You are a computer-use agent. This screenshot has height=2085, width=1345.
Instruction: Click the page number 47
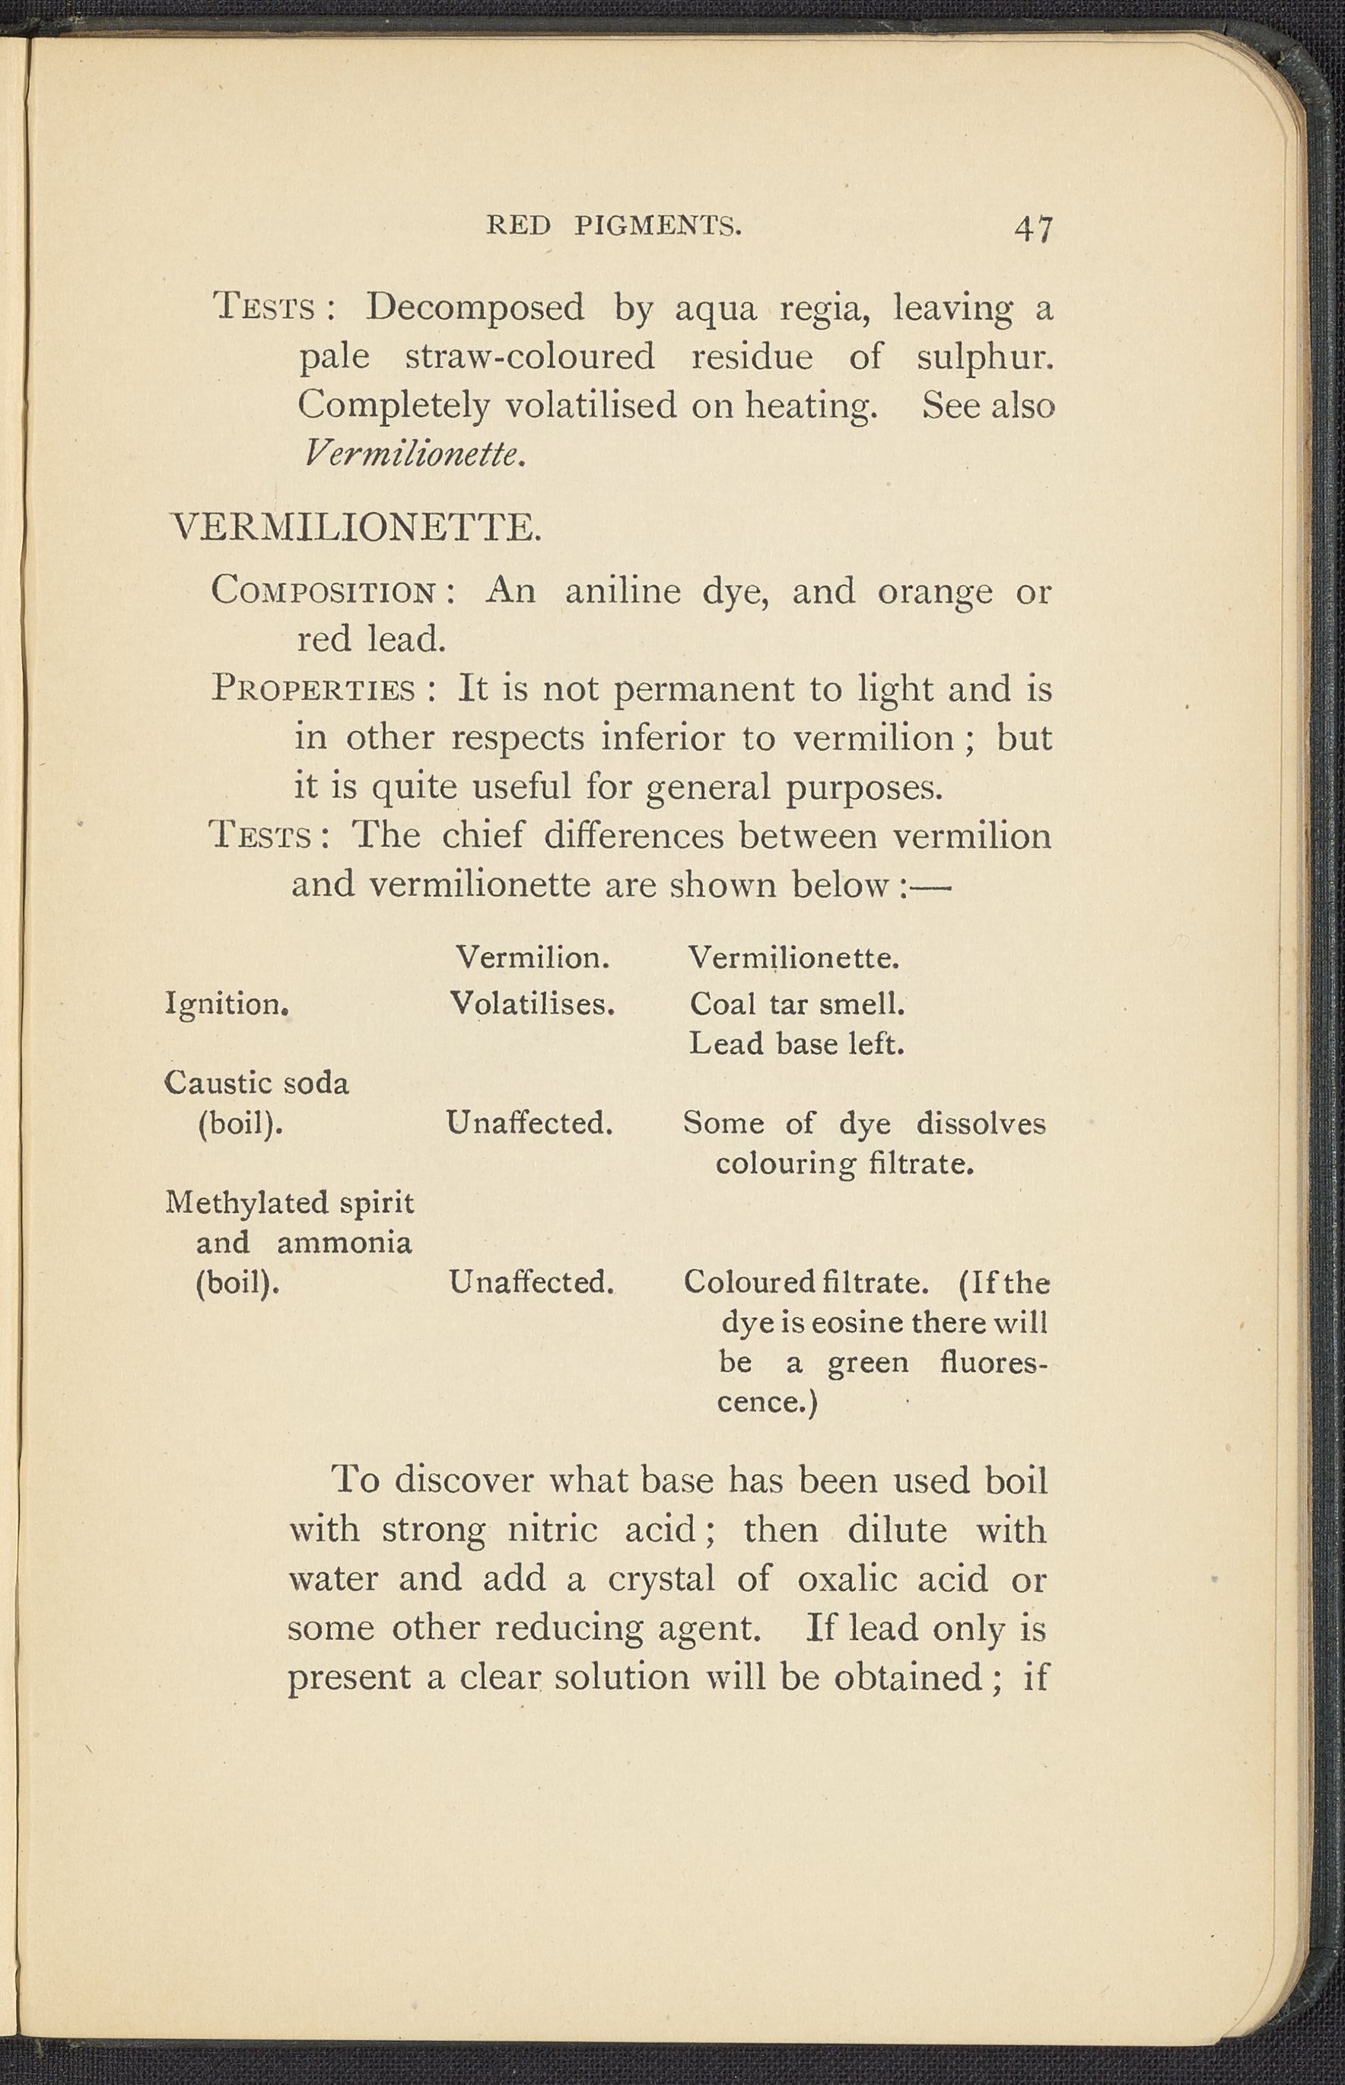pos(1033,229)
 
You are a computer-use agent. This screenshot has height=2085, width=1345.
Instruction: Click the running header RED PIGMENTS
pos(613,226)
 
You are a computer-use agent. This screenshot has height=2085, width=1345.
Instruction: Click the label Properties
pos(313,689)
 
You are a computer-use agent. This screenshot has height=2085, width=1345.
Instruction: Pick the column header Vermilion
pos(533,958)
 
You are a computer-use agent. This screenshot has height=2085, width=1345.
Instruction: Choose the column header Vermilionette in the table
pos(793,958)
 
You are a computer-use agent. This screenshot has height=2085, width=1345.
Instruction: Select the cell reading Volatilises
pos(533,1004)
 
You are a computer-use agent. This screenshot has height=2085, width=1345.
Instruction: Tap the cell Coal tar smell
pos(797,1004)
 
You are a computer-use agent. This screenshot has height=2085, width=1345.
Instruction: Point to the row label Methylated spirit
pos(289,1203)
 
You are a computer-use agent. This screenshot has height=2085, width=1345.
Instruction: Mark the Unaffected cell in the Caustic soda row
pos(529,1122)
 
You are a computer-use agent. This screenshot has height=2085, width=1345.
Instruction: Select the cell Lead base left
pos(796,1043)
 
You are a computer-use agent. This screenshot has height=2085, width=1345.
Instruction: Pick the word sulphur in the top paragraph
pos(984,357)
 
